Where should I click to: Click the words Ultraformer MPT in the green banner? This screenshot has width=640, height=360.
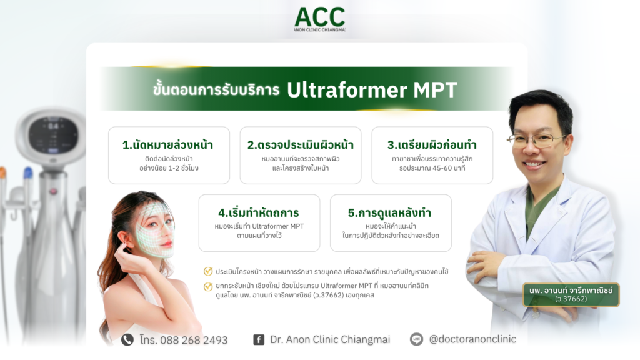372,90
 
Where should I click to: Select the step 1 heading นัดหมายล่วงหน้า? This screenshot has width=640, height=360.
168,145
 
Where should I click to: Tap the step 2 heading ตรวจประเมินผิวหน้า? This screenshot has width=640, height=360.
300,145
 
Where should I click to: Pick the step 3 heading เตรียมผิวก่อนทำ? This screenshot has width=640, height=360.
432,145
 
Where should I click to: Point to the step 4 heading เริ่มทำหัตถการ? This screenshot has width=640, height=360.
258,212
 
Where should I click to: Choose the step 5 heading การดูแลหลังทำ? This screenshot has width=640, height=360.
390,212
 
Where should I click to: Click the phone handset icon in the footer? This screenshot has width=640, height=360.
127,339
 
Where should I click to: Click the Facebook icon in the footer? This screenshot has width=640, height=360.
258,340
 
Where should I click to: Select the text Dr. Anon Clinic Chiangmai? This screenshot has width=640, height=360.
330,339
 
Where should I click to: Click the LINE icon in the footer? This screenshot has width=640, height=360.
416,339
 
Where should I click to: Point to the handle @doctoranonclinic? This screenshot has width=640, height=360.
472,339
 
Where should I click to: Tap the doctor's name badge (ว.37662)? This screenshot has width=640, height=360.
571,294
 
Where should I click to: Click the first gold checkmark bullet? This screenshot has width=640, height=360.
208,271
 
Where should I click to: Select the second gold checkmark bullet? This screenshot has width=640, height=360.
208,286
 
